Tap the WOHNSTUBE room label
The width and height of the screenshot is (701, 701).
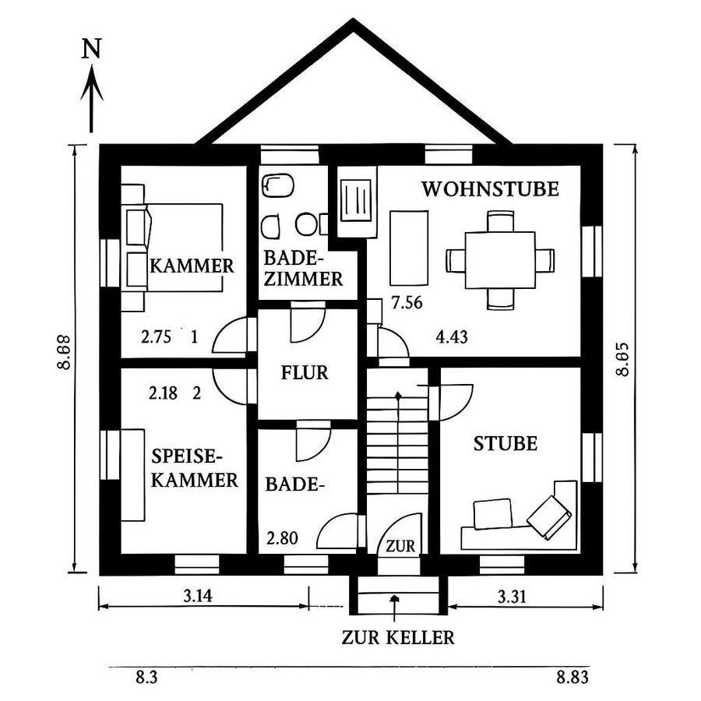click(490, 188)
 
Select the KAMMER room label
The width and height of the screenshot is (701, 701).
click(192, 266)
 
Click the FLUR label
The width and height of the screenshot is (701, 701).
click(305, 372)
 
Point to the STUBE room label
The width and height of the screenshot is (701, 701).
click(505, 443)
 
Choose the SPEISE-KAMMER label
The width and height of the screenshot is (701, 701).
click(194, 467)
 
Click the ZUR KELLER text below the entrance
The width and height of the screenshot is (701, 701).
click(397, 638)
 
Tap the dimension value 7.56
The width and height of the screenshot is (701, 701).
click(407, 303)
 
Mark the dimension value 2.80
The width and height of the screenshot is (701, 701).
click(282, 537)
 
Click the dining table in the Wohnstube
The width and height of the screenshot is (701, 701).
click(499, 260)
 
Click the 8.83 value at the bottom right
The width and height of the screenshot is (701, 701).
click(572, 678)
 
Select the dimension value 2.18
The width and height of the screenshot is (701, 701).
click(163, 393)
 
